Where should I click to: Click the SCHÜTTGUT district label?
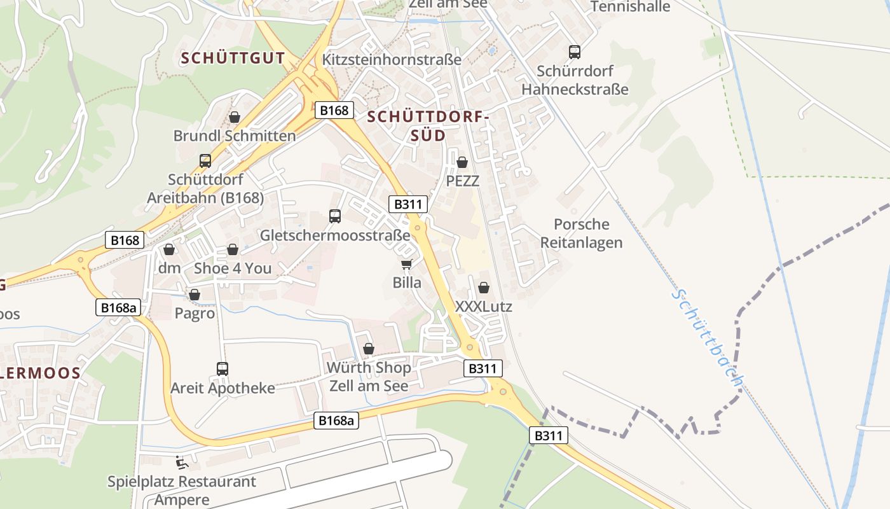(233, 58)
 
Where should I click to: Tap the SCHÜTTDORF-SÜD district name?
(427, 126)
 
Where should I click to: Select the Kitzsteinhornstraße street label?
(392, 60)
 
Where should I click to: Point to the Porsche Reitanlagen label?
(581, 234)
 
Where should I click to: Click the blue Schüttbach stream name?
(709, 338)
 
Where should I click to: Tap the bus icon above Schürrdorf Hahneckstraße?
(575, 52)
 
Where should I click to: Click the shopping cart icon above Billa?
(406, 264)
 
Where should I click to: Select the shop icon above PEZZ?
(462, 162)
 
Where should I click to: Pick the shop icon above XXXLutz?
(484, 288)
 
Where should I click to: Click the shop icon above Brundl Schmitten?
(235, 117)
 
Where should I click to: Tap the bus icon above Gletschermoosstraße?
(335, 216)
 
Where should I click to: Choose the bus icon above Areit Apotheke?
(222, 369)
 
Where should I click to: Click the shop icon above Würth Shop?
(368, 349)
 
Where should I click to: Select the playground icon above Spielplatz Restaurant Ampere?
(182, 463)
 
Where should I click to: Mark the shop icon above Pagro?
(195, 295)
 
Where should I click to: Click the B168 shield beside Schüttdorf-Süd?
(334, 110)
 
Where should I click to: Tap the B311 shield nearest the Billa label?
(407, 204)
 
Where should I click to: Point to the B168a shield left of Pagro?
(118, 307)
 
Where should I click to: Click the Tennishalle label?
(630, 7)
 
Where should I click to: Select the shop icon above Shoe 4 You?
(233, 249)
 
